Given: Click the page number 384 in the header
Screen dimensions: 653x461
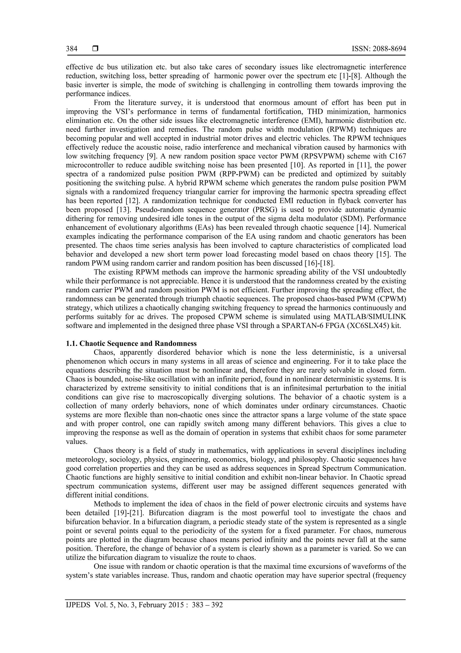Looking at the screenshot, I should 72,49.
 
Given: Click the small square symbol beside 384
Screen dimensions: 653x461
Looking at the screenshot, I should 95,49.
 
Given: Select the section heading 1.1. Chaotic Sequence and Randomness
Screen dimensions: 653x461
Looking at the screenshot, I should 131,344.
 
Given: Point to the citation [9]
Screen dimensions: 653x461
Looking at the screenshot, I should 149,156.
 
